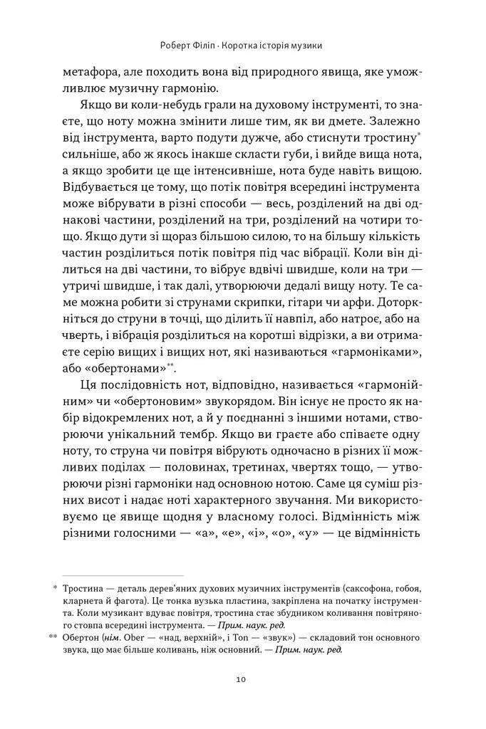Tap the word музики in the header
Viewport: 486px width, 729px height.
coord(306,46)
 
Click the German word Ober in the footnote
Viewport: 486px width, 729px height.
coord(140,639)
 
